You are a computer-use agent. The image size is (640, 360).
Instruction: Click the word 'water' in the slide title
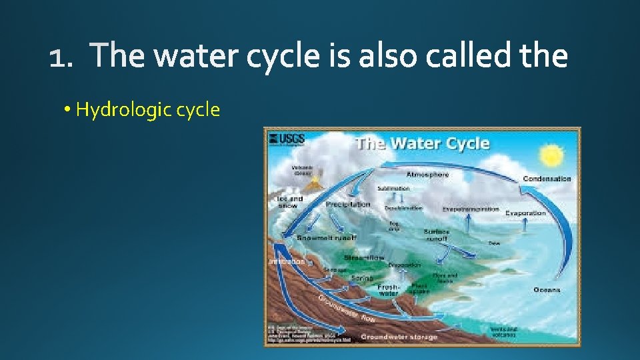point(195,57)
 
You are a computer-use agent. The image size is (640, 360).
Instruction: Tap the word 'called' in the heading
point(468,57)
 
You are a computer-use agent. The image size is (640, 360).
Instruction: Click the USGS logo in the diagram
point(286,139)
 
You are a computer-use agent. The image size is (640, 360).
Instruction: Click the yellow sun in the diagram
point(553,157)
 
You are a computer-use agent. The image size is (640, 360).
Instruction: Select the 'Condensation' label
point(547,179)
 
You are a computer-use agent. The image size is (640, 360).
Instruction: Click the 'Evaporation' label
point(525,213)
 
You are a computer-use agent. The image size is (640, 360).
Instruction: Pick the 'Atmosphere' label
point(427,175)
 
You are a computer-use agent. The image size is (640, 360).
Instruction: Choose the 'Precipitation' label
point(348,205)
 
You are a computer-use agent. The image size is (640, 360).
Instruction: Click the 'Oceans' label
point(546,290)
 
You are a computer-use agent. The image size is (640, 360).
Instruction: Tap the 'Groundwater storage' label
point(399,337)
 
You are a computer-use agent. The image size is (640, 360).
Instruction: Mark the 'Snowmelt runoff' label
point(327,237)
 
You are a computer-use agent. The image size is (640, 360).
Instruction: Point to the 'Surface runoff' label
point(437,235)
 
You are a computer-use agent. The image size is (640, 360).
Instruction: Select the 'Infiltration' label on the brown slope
point(287,262)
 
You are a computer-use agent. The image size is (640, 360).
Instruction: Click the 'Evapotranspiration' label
point(471,209)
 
